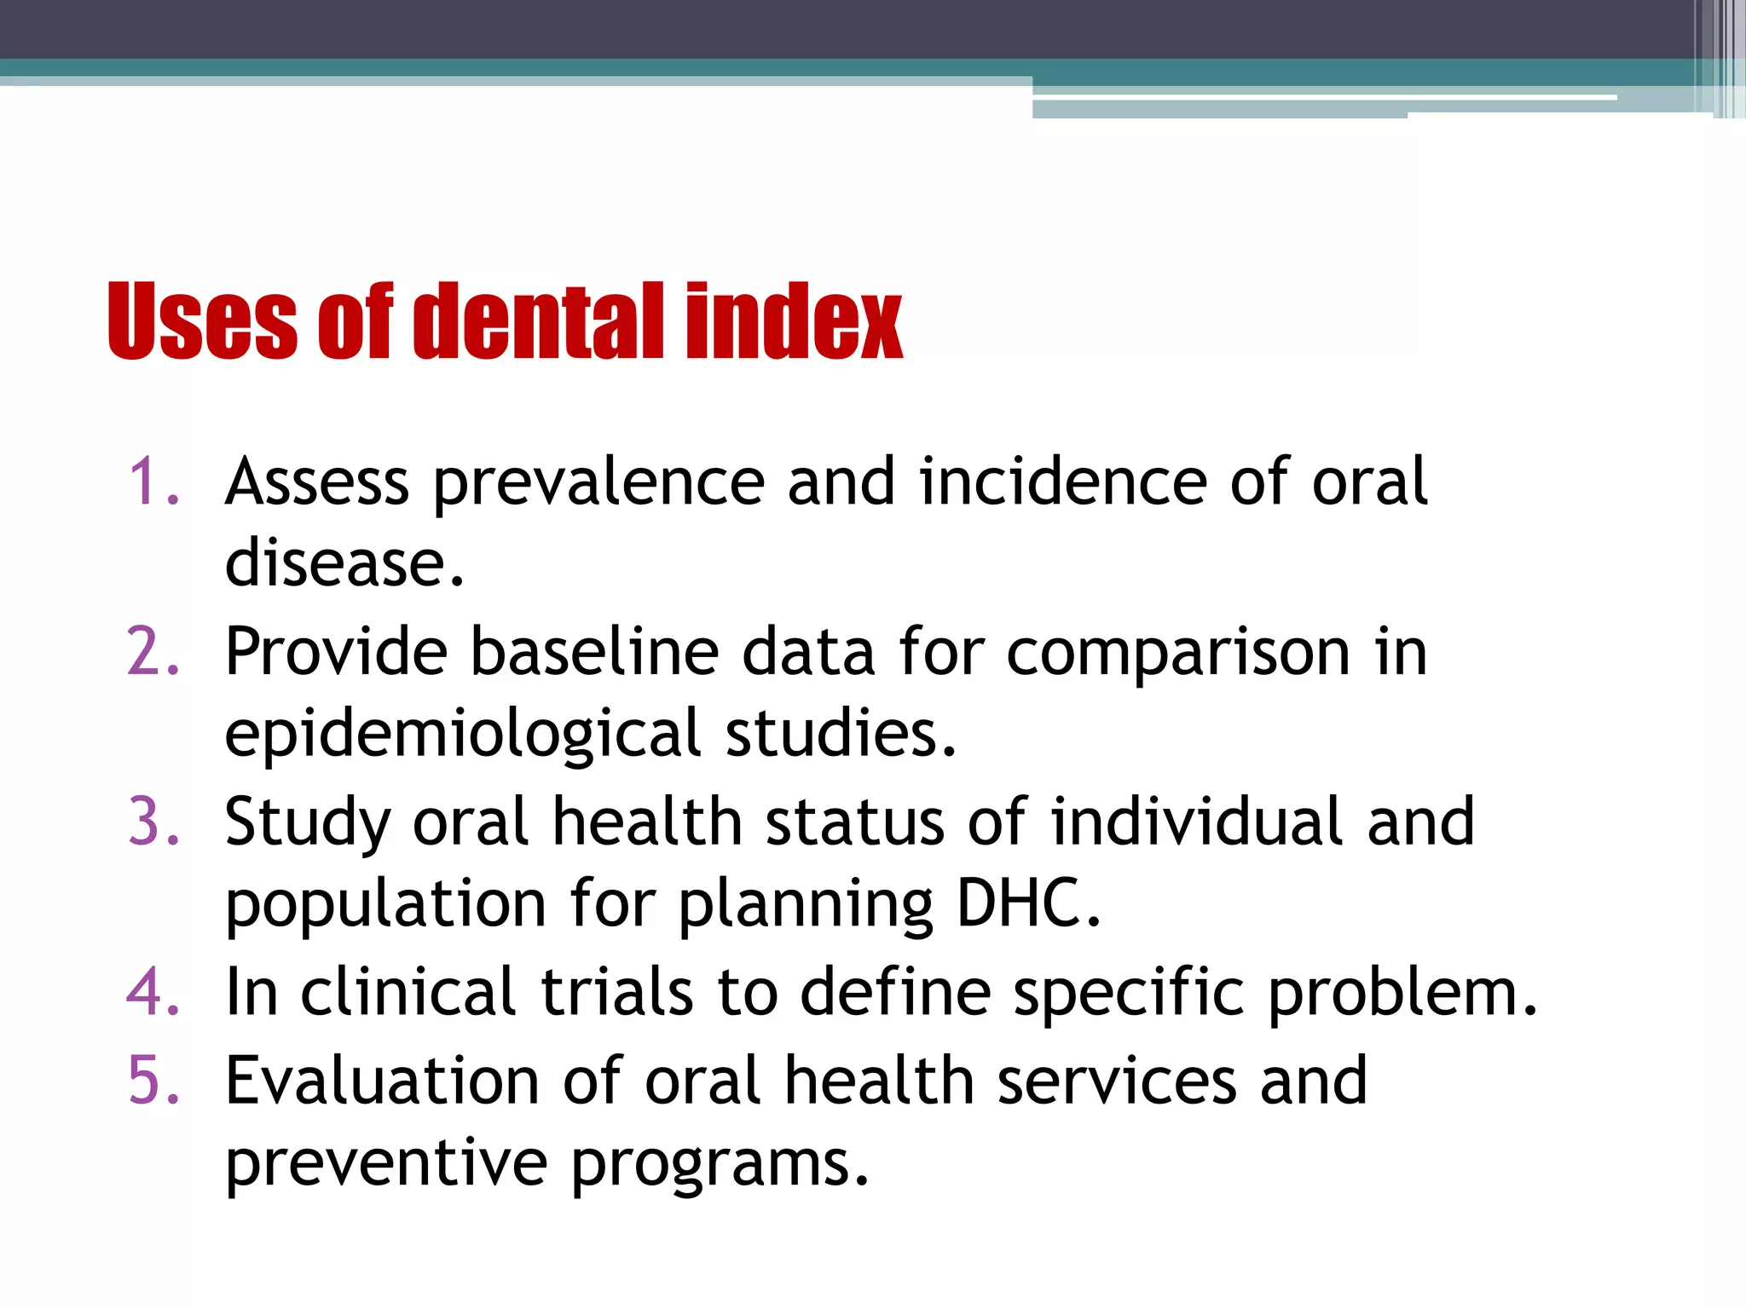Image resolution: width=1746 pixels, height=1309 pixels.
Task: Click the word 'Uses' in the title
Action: click(x=201, y=320)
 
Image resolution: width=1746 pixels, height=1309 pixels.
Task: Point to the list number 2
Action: click(x=153, y=652)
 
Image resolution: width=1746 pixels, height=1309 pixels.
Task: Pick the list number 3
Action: click(x=153, y=822)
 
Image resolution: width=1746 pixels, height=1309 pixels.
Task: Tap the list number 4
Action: click(x=153, y=992)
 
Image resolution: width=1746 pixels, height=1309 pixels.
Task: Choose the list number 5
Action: click(x=153, y=1081)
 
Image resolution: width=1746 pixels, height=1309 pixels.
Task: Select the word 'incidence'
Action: click(x=1062, y=482)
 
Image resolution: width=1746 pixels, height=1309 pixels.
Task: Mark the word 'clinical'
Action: click(x=408, y=992)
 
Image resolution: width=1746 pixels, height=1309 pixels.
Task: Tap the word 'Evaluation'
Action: click(x=382, y=1081)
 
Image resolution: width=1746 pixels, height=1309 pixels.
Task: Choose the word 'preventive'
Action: click(x=385, y=1162)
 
